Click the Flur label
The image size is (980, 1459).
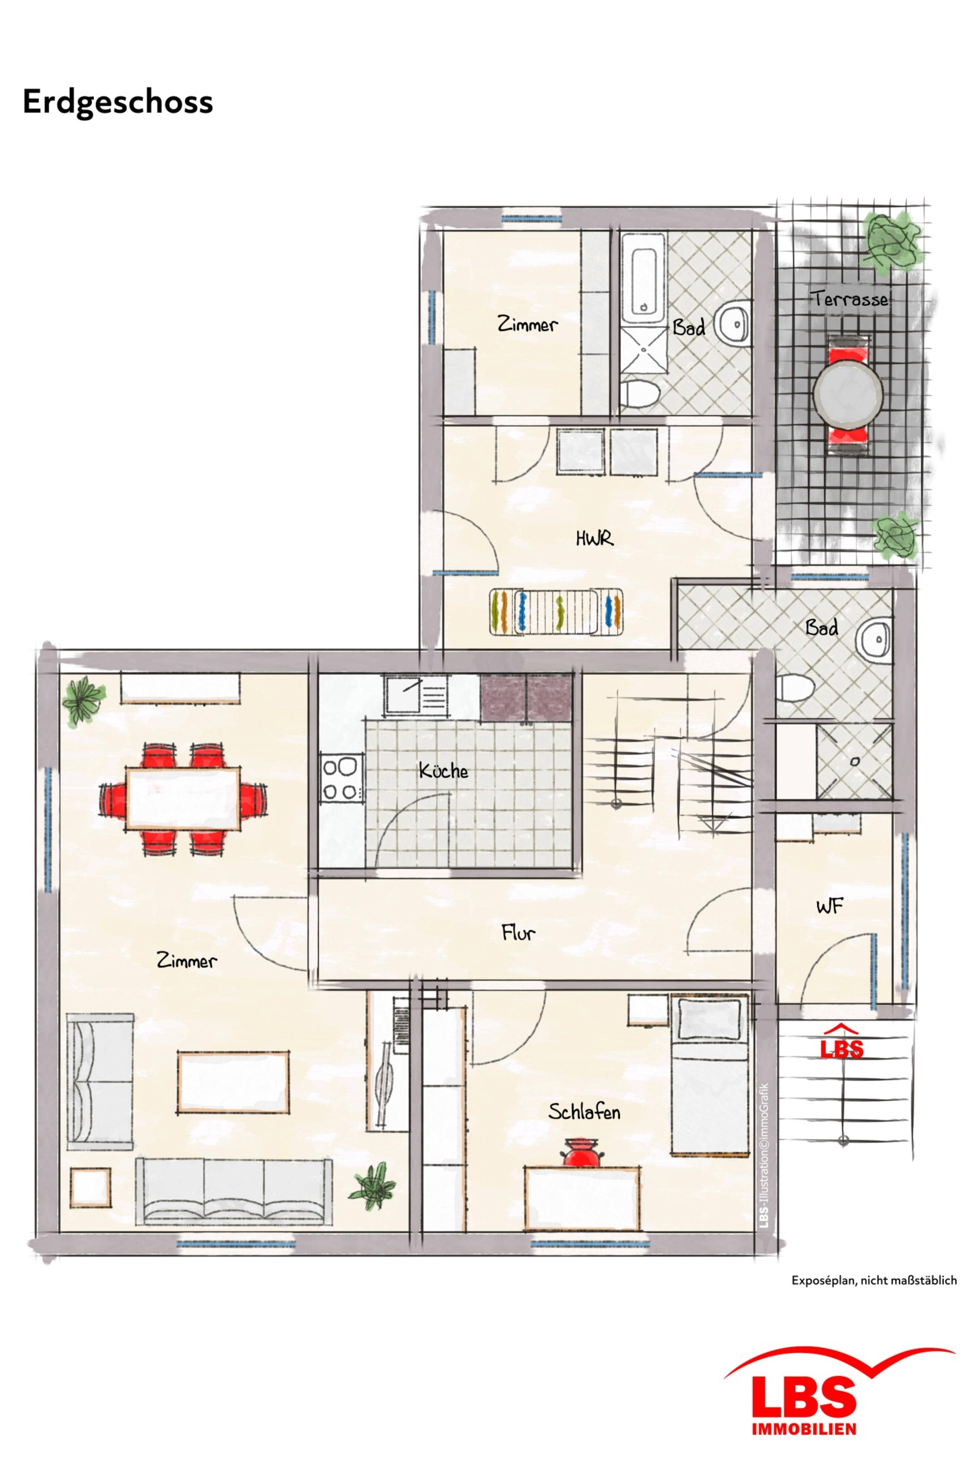pos(518,933)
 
